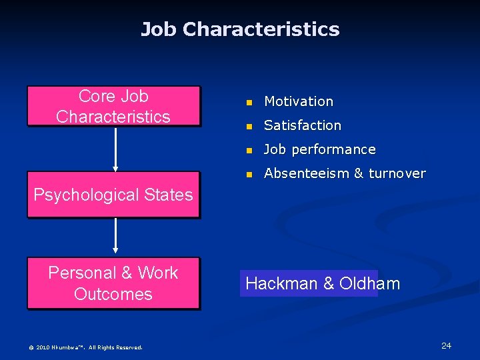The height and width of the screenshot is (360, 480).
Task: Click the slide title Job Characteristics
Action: [240, 29]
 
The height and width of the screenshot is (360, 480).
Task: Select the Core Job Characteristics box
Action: [113, 106]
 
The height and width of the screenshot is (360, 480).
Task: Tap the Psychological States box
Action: [113, 195]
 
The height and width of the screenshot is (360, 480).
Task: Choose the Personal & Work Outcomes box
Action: [113, 283]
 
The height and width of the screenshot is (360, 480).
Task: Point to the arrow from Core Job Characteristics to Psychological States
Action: [116, 149]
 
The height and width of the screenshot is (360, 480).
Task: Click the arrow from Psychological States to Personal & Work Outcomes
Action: [116, 237]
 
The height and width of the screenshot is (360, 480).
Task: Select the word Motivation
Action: [299, 101]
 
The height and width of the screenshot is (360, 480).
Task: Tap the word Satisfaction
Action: [303, 125]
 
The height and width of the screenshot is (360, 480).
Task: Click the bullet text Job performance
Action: [320, 149]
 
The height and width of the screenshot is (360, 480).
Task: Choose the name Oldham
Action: [369, 283]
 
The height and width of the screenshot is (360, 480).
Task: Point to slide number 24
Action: [446, 345]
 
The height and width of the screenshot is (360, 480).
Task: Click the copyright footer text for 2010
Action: [85, 347]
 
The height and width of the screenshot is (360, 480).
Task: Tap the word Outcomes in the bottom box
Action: [113, 294]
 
